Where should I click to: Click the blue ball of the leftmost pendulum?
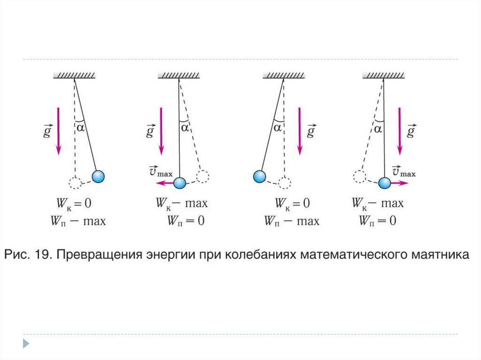(98, 176)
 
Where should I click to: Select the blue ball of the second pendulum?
(179, 183)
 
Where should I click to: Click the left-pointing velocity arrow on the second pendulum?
(165, 183)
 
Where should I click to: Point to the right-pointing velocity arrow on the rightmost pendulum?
(399, 184)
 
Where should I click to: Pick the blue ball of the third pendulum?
(259, 176)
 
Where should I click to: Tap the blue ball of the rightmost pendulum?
(385, 183)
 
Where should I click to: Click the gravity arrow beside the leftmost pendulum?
(58, 131)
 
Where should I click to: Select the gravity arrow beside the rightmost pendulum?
(400, 131)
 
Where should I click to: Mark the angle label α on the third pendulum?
(278, 127)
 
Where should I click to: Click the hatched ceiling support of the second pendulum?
(179, 76)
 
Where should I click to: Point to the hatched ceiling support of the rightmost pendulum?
(384, 76)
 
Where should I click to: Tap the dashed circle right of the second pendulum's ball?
(203, 176)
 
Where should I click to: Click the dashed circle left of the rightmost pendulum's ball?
(359, 176)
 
